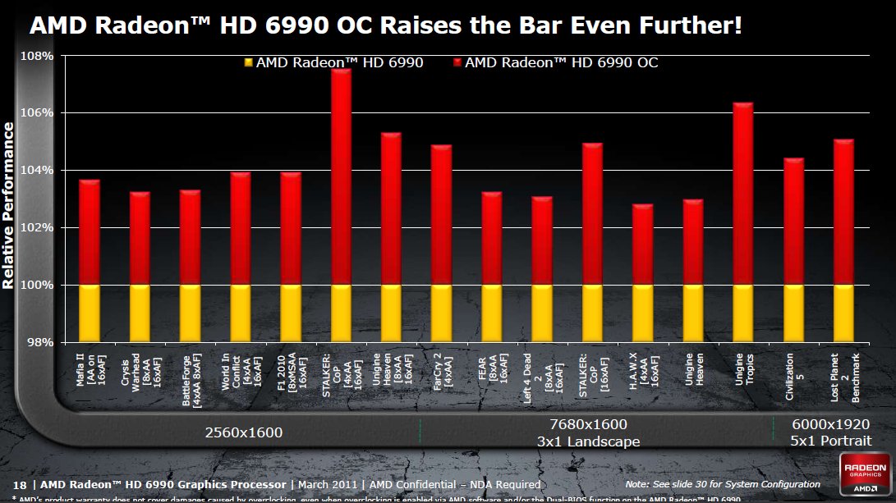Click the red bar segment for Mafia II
coord(89,232)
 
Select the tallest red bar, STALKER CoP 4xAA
coord(341,177)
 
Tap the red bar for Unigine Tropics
coord(742,194)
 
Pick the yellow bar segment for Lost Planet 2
coord(843,313)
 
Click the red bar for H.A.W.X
coord(642,245)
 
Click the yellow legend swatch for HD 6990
coord(247,62)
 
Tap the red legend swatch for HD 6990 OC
coord(457,62)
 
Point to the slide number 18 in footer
coord(20,484)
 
